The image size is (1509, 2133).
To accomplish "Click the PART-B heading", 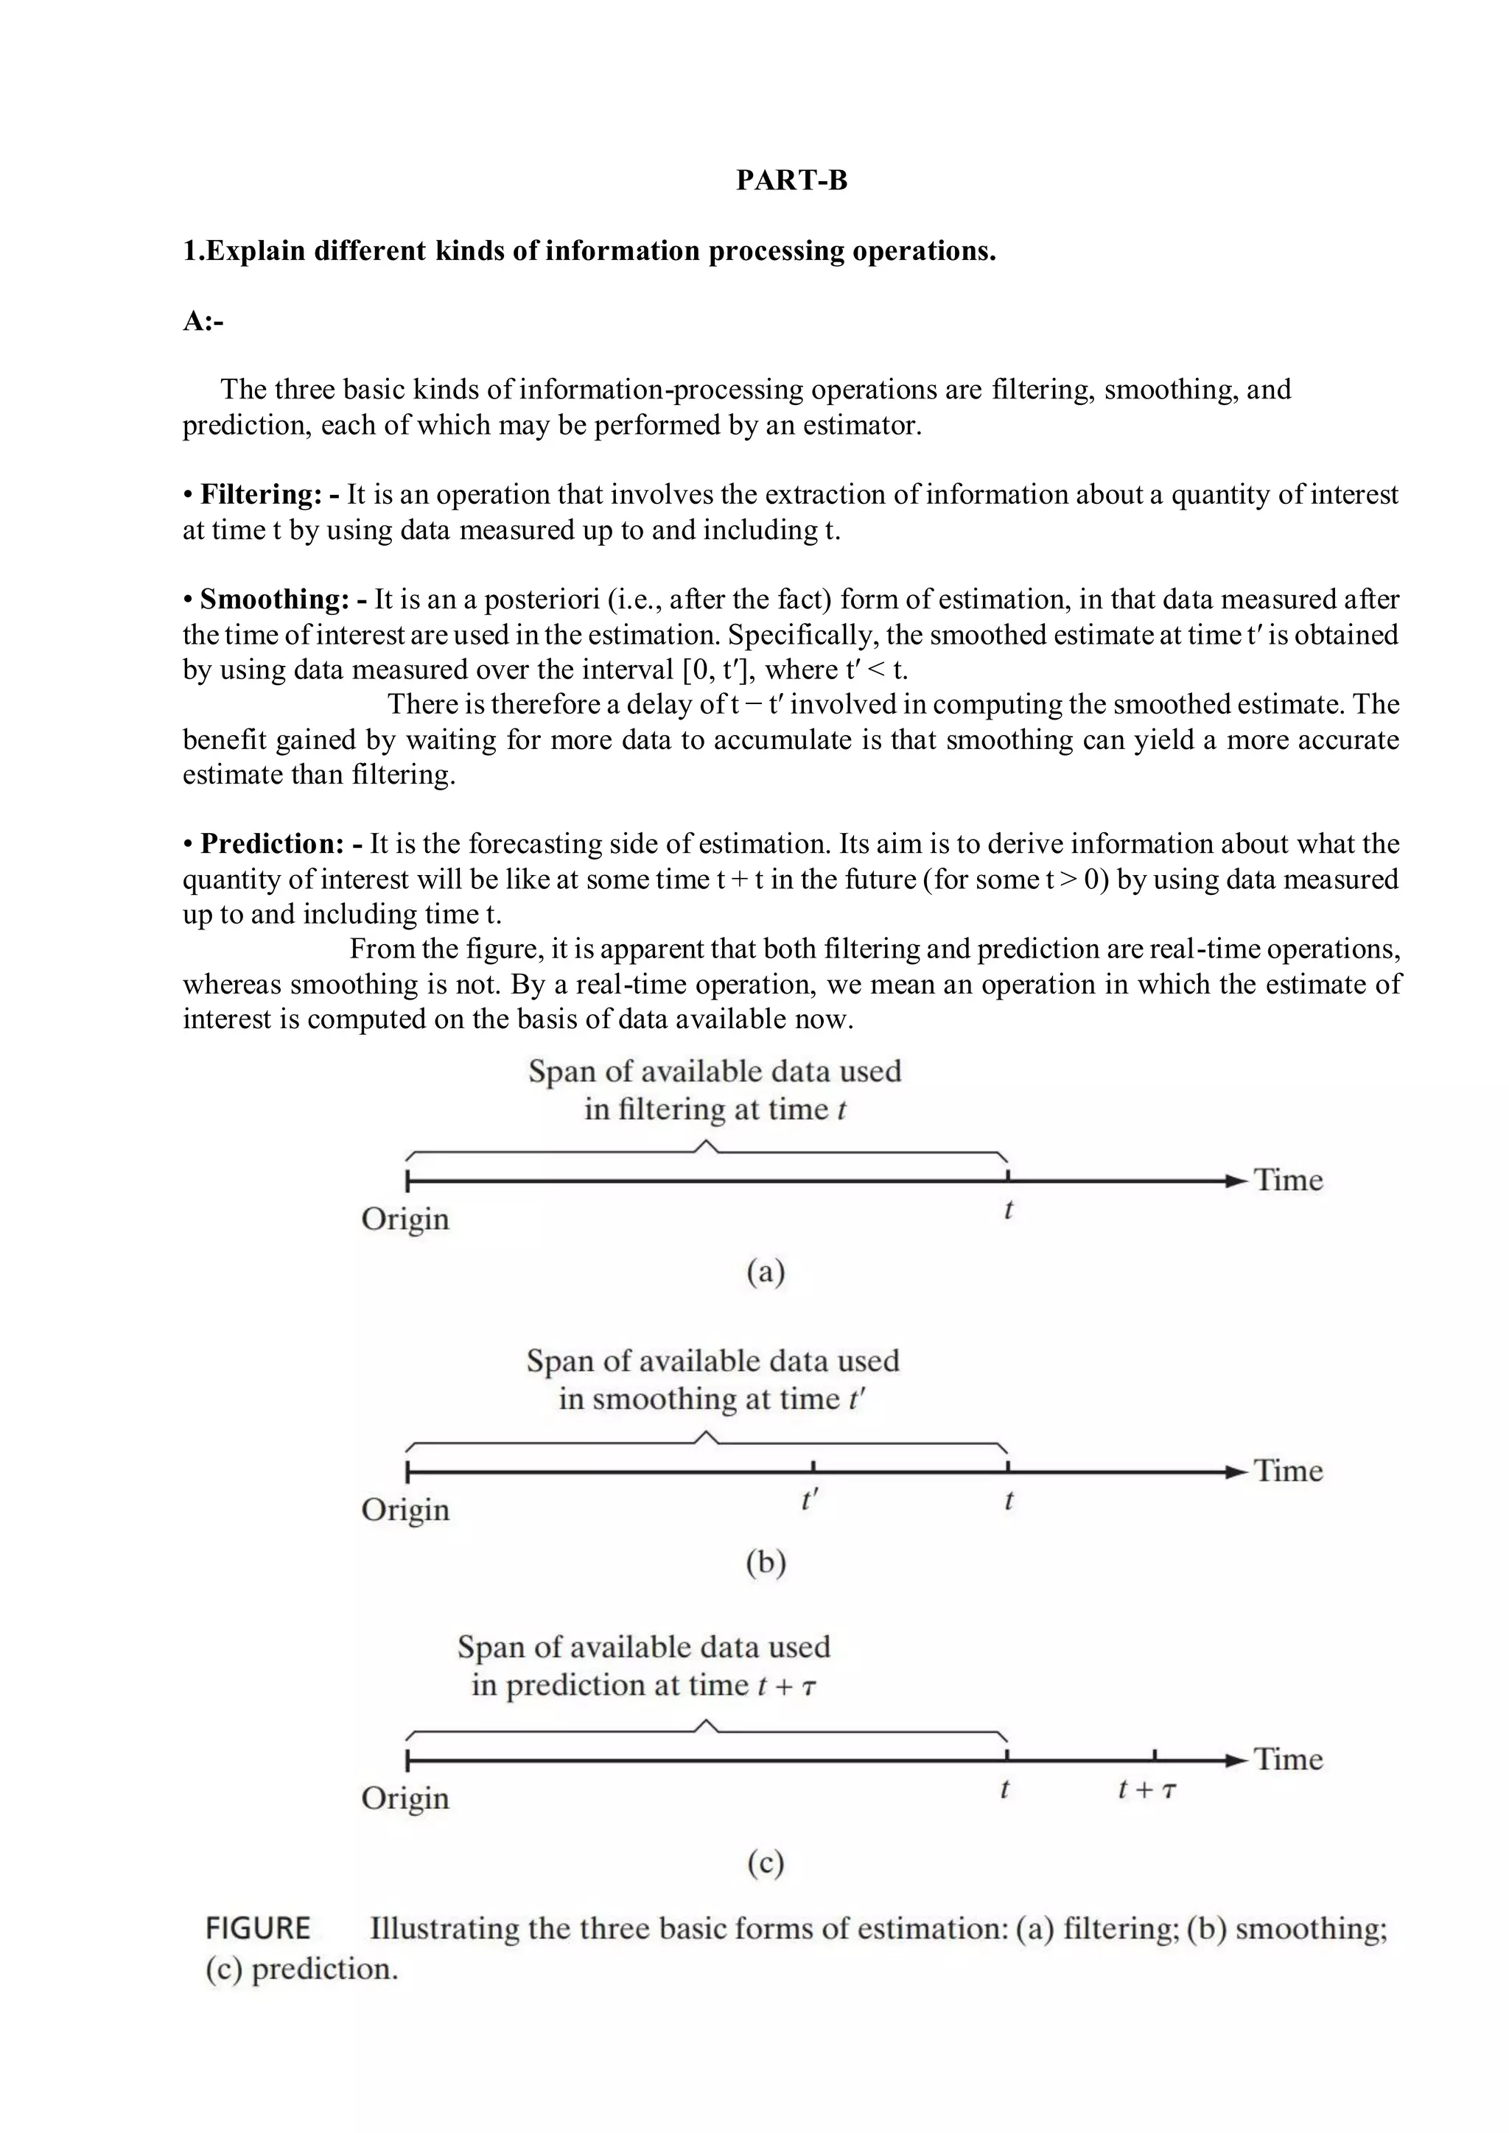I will (x=791, y=180).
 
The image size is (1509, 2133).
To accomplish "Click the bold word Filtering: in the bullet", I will (x=260, y=494).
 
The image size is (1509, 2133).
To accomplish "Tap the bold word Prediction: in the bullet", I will (x=273, y=843).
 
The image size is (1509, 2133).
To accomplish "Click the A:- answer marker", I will (x=203, y=321).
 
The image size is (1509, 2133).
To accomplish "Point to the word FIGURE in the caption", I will (x=257, y=1929).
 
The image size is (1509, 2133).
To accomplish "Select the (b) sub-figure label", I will (x=766, y=1563).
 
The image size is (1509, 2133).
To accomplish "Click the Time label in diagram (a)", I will (x=1288, y=1181).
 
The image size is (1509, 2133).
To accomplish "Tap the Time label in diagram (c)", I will (x=1288, y=1760).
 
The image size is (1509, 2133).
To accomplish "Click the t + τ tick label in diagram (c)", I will (x=1146, y=1791).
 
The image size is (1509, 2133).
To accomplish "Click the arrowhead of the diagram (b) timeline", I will (x=1235, y=1472).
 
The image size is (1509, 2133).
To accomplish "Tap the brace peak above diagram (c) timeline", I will (x=706, y=1724).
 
